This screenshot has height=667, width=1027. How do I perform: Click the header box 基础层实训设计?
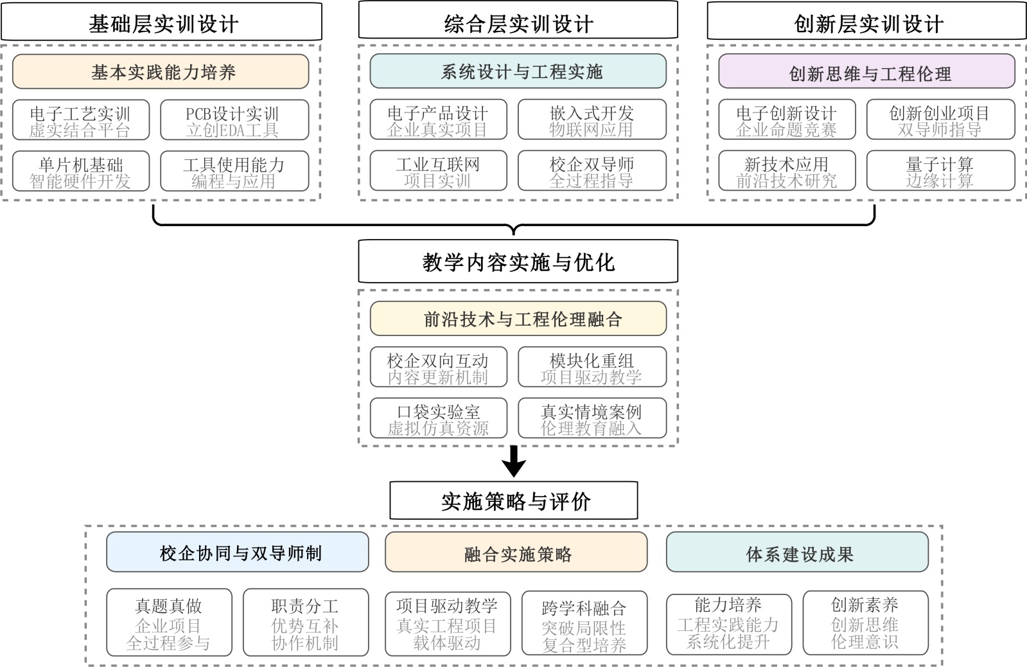[161, 22]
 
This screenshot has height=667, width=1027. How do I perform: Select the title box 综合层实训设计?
[518, 22]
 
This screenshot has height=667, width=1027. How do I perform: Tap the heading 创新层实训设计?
[866, 22]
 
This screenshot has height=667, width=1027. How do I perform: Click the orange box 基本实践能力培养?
[161, 71]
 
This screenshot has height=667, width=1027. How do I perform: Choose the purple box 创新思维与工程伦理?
[866, 72]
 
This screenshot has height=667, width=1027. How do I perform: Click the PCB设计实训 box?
[234, 120]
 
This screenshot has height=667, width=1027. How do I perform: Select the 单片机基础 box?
[81, 172]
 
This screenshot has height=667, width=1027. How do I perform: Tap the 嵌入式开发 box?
[592, 120]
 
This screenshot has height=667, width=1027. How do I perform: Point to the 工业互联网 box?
[438, 171]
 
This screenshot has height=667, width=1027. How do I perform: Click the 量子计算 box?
[940, 171]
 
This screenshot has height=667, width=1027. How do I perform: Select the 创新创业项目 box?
[940, 120]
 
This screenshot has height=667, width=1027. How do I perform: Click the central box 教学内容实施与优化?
[518, 262]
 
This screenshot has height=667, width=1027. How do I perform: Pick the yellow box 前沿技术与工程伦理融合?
[518, 319]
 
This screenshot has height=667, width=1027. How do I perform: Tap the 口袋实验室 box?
[438, 418]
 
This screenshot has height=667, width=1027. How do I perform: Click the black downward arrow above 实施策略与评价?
[514, 461]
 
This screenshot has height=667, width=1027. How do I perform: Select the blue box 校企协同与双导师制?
[238, 553]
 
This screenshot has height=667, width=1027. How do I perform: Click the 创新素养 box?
[864, 622]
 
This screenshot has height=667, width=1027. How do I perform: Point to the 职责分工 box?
[305, 623]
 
